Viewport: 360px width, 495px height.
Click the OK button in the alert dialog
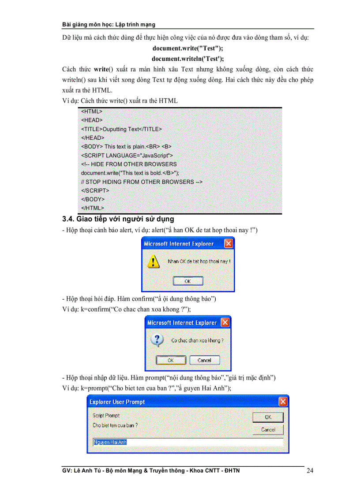point(187,281)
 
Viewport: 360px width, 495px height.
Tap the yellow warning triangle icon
point(153,261)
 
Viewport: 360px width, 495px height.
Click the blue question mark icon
point(158,340)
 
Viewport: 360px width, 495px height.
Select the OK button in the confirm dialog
point(171,360)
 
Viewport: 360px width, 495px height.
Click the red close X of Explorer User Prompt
point(283,402)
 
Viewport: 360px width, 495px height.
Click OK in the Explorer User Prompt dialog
point(268,417)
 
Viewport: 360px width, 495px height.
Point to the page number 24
point(310,471)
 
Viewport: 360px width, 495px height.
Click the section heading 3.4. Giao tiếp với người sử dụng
point(118,219)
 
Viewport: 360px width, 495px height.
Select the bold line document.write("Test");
point(187,48)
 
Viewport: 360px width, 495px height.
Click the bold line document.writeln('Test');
point(187,58)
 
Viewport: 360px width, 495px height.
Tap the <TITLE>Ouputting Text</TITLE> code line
point(121,129)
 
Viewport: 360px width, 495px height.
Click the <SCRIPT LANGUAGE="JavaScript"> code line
point(127,155)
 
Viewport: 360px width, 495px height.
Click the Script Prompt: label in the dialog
point(106,415)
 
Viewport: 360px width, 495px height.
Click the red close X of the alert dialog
point(229,243)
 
